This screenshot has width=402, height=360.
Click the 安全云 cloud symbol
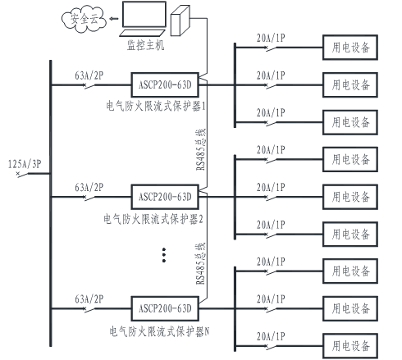click(84, 19)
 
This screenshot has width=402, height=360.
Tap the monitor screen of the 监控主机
click(144, 14)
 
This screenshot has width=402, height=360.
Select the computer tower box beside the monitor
click(180, 21)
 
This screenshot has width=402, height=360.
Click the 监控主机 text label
click(145, 45)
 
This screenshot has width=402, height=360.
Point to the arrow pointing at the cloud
click(113, 19)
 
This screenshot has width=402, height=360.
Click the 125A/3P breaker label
click(25, 164)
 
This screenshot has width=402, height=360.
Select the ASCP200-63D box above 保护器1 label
click(165, 84)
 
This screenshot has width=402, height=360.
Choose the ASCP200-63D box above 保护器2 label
click(165, 197)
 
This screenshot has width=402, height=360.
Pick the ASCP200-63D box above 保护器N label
click(165, 308)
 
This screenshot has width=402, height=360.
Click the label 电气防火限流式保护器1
click(156, 106)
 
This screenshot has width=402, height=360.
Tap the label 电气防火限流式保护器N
click(159, 331)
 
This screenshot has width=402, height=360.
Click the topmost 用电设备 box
click(350, 48)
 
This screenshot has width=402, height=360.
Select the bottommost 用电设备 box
click(350, 346)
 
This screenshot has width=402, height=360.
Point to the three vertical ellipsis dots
click(164, 255)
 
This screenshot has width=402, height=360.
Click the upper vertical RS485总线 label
click(200, 149)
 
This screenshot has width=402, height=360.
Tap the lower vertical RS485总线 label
click(200, 263)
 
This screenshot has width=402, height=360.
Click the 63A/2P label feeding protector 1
click(89, 75)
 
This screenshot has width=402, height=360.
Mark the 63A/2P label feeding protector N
click(89, 299)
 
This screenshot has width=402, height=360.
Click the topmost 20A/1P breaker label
click(271, 38)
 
